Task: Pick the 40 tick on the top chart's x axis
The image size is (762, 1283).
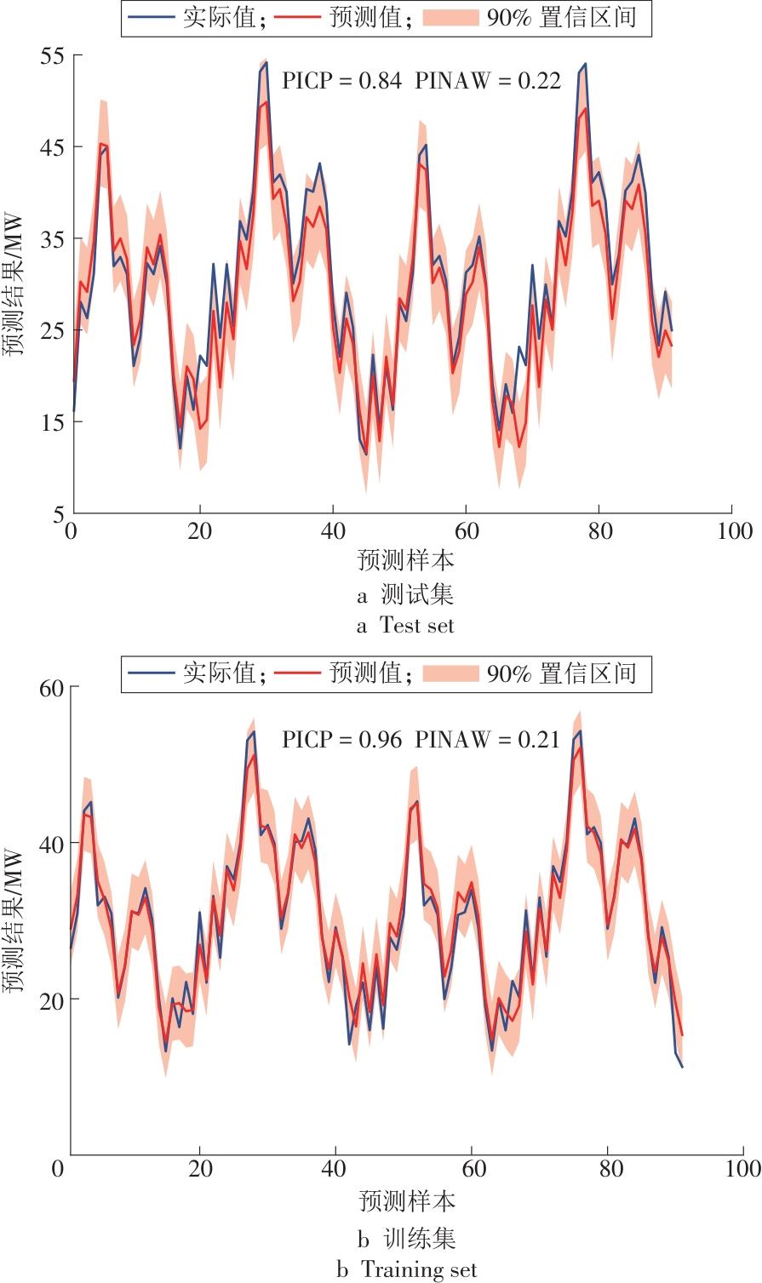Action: tap(333, 532)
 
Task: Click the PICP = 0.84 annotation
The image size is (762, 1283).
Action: tap(341, 81)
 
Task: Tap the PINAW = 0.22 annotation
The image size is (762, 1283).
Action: tap(488, 81)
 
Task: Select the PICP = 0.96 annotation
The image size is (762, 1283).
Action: tap(341, 740)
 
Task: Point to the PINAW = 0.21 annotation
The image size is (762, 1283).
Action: tap(488, 740)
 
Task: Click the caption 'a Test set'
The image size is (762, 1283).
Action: tap(405, 626)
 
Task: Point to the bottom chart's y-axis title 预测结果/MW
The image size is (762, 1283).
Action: tap(14, 921)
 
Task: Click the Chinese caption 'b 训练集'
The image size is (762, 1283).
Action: tap(407, 1238)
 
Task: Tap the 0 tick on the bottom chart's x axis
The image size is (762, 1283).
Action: tap(58, 1167)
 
